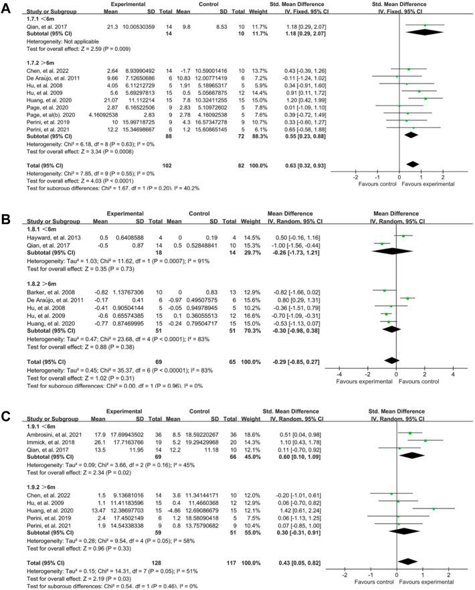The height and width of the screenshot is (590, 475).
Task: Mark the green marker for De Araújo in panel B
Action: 408,298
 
